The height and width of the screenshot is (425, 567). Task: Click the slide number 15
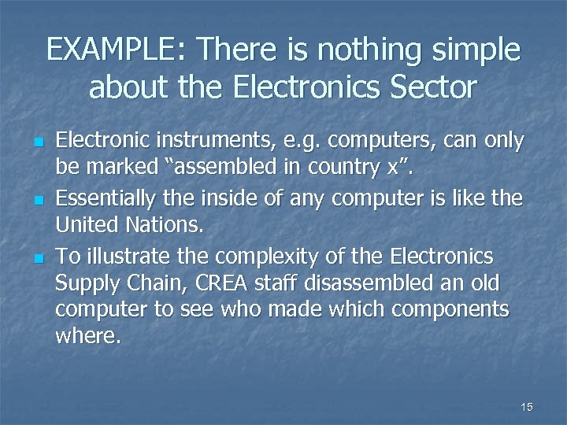tap(527, 407)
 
